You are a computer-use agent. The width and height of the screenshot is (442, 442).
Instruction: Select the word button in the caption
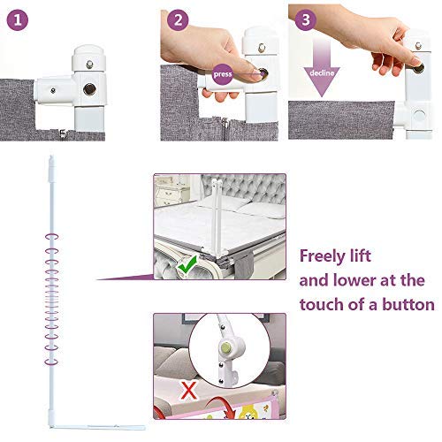point(406,305)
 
